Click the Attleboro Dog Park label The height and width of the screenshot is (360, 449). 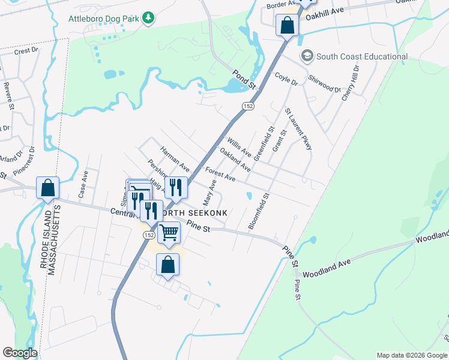tap(104, 19)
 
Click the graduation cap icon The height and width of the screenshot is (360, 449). tap(307, 56)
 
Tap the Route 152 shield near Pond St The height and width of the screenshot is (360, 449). tap(247, 106)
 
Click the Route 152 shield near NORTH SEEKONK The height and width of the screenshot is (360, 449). tap(148, 235)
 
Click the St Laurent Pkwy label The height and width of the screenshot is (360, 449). tap(298, 128)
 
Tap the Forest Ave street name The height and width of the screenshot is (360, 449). tap(220, 173)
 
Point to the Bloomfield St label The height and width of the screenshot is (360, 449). tap(259, 211)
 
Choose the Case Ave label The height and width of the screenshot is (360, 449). tap(83, 185)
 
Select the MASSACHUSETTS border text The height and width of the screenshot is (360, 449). tap(59, 241)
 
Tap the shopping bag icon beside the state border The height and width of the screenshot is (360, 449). tap(48, 188)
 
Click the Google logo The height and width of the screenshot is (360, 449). tap(20, 353)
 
